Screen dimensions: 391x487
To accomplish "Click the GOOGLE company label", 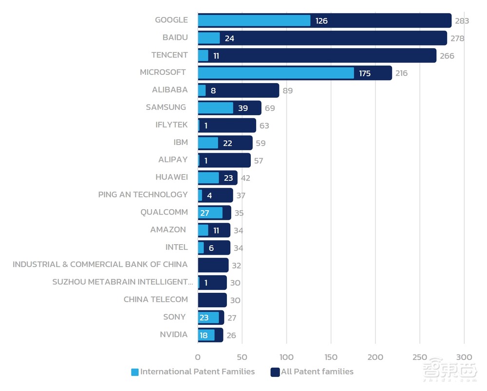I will [x=171, y=20].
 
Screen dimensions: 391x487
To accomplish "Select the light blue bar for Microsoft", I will [x=276, y=73].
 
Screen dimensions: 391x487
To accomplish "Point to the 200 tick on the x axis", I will [x=375, y=357].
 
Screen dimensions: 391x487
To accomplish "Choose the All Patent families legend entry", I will [x=312, y=372].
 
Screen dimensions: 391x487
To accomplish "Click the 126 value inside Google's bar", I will [x=321, y=21].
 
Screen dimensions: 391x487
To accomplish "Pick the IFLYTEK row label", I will [x=171, y=125].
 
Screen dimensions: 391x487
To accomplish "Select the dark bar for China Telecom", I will [x=212, y=300].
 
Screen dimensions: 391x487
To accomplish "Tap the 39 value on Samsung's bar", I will [x=243, y=108].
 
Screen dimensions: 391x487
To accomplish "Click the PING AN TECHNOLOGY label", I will [x=143, y=195].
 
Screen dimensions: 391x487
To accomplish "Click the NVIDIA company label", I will [x=173, y=335].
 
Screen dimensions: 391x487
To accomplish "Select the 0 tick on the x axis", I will [x=198, y=357].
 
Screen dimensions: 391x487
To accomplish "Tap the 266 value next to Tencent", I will [x=447, y=56].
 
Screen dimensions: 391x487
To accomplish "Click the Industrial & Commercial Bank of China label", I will [x=100, y=265].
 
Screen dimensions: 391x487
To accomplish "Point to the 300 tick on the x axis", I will [x=464, y=357].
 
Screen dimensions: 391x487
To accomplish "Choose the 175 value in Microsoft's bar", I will [x=365, y=73].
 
